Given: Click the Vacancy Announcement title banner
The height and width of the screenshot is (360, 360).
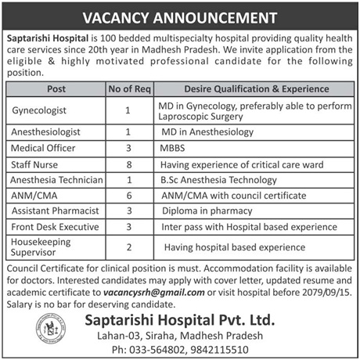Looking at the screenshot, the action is [x=179, y=15].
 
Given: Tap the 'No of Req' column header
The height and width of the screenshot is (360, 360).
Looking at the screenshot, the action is [x=128, y=88].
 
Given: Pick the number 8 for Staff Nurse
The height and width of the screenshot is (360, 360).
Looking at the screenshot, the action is [x=128, y=164].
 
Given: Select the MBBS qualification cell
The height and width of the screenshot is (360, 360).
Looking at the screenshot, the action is [x=174, y=149].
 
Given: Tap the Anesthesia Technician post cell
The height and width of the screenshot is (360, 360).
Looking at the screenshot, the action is [x=55, y=180].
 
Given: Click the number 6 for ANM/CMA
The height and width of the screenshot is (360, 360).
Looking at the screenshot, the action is [x=128, y=196].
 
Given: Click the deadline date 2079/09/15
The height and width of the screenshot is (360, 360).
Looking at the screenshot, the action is [x=328, y=292].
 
